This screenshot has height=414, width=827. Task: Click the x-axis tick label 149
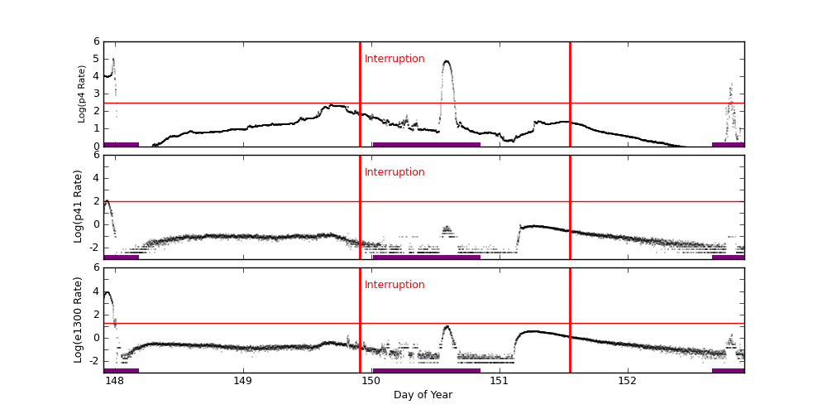[x=242, y=382]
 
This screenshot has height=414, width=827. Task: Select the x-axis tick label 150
[x=370, y=382]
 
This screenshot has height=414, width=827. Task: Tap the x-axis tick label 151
[x=499, y=382]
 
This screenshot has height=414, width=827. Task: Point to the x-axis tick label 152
[x=627, y=382]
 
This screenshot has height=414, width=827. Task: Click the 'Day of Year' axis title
[x=423, y=395]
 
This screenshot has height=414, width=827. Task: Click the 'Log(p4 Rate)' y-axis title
[x=82, y=94]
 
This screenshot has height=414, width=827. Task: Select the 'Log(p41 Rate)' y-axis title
[x=79, y=206]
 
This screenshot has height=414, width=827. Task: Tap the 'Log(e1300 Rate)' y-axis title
[x=79, y=320]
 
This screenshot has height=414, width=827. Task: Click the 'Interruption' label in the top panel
[x=394, y=59]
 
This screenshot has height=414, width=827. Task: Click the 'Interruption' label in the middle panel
[x=394, y=172]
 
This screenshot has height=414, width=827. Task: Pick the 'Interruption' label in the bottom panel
[x=394, y=285]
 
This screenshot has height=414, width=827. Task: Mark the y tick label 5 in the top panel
[x=96, y=59]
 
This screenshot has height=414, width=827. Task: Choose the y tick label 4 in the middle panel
[x=96, y=178]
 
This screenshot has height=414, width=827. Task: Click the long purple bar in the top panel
[x=426, y=144]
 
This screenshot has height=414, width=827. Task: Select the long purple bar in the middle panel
[x=426, y=257]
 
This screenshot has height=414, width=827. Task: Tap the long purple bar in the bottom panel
[x=426, y=370]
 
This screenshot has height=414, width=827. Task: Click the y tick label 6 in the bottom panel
[x=96, y=267]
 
